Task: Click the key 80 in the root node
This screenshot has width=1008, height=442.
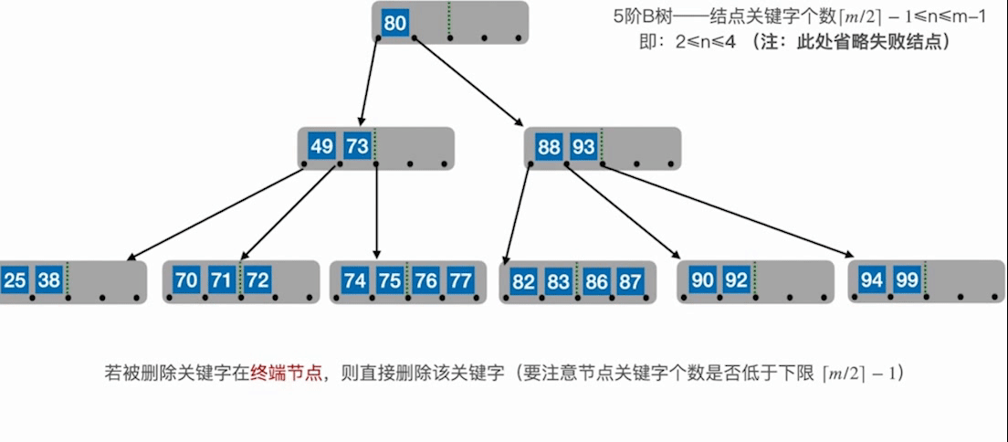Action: click(394, 23)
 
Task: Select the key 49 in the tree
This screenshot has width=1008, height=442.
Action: click(321, 146)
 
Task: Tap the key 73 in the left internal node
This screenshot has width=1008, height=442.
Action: click(356, 146)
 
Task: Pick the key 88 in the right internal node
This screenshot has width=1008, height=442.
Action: click(549, 146)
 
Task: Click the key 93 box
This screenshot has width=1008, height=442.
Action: click(583, 146)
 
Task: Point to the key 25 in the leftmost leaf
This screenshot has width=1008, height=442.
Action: click(14, 280)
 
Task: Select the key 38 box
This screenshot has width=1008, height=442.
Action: click(48, 280)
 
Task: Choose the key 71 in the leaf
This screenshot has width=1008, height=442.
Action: click(221, 280)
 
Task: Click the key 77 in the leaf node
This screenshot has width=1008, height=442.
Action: click(460, 280)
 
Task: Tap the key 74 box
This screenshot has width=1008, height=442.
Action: click(354, 280)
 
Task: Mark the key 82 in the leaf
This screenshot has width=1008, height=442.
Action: click(523, 281)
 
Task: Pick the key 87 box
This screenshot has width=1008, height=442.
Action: click(630, 281)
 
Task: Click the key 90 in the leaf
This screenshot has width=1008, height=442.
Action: click(701, 280)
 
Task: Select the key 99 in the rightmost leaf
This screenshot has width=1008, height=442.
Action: click(907, 280)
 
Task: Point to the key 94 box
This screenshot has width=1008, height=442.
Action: click(872, 280)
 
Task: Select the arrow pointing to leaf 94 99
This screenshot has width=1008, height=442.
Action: click(730, 211)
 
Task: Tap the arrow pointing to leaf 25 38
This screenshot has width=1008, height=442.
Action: click(219, 213)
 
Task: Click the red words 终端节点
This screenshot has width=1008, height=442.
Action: click(288, 374)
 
